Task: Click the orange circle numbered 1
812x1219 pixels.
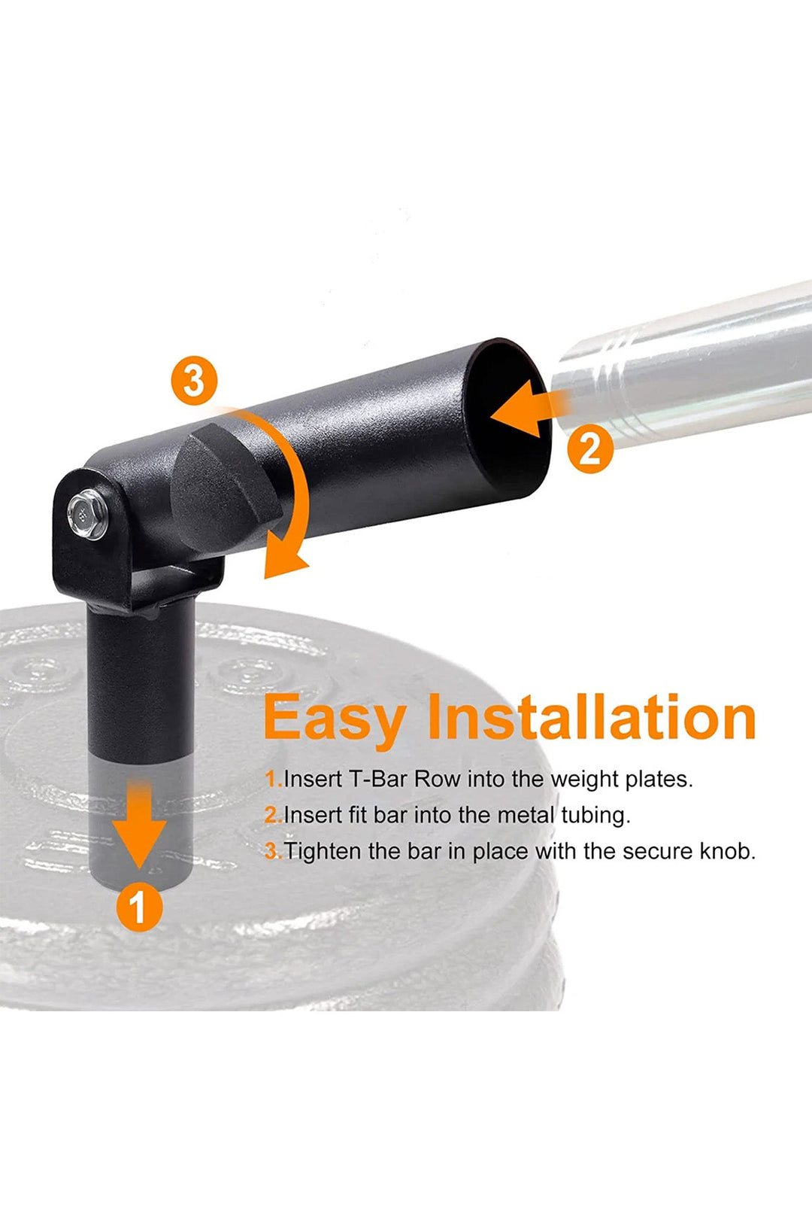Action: (x=139, y=907)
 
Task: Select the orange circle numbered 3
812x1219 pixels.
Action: (x=194, y=381)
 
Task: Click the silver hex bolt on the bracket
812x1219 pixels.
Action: (x=87, y=514)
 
